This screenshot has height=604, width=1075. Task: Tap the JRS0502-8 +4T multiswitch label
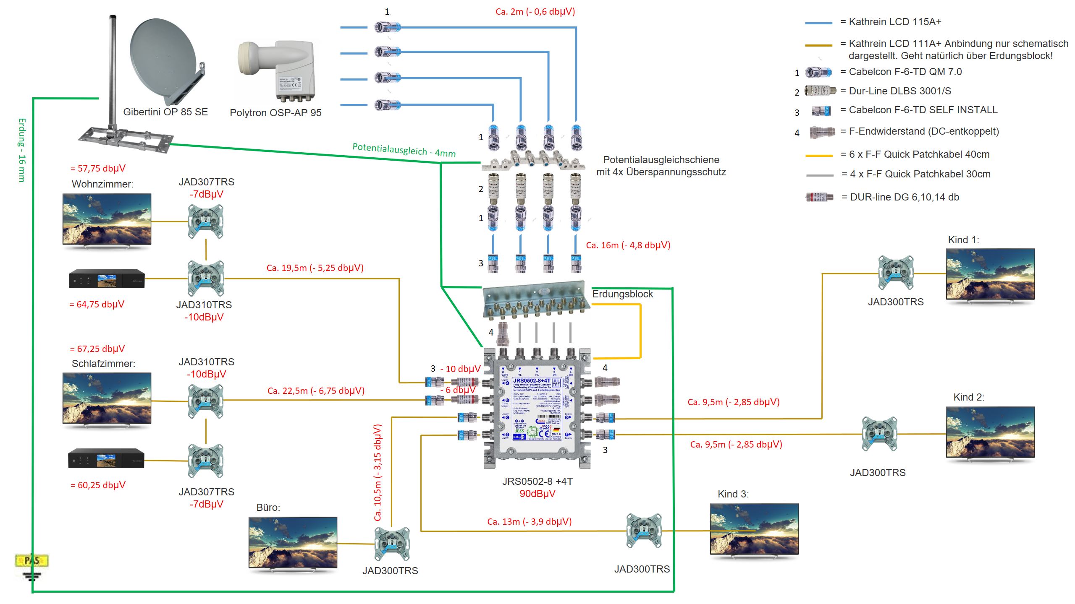[x=537, y=482]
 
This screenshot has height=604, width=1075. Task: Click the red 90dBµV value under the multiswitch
[x=537, y=494]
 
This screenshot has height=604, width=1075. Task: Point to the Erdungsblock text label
[x=622, y=294]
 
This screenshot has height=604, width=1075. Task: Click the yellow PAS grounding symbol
[x=32, y=561]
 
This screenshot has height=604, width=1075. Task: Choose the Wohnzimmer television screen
[x=107, y=219]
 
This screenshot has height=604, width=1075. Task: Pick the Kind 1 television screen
[x=990, y=274]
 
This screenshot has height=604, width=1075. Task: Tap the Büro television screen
[x=293, y=542]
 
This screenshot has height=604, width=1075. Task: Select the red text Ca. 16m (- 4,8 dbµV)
[x=628, y=245]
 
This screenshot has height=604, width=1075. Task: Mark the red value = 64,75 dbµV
[x=97, y=305]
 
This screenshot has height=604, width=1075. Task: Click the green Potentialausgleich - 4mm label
[x=404, y=150]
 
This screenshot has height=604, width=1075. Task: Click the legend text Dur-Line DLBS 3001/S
[x=900, y=91]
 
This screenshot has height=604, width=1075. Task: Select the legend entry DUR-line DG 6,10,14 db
[x=904, y=197]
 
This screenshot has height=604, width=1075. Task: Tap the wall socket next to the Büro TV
[x=391, y=544]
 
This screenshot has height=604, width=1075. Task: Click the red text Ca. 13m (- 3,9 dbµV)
[x=529, y=522]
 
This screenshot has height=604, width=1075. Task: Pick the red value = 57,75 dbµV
[x=98, y=169]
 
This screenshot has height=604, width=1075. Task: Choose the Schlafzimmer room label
[x=103, y=364]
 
